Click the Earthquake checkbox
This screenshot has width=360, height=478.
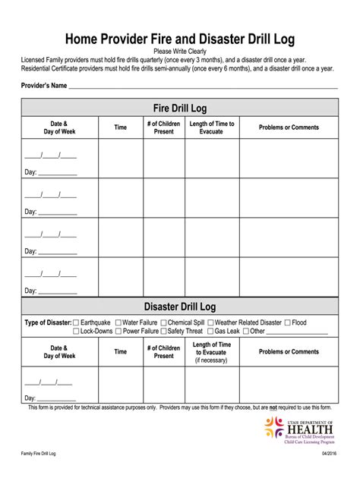point(76,322)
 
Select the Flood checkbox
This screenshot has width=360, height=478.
point(287,322)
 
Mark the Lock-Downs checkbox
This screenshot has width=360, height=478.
point(76,332)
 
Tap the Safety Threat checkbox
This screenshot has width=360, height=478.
point(164,332)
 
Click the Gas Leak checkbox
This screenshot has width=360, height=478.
point(210,332)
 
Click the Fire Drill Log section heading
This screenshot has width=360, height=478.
point(180,108)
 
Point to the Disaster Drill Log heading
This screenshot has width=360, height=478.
point(180,307)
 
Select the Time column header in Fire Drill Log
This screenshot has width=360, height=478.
point(121,127)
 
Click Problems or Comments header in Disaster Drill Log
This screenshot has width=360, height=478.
point(289,352)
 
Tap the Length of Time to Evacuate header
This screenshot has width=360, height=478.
point(212,127)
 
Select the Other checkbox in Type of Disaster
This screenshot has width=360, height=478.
point(245,332)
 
